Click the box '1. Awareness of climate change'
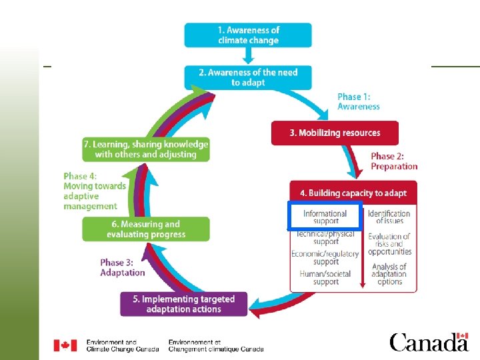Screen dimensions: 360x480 (248, 35)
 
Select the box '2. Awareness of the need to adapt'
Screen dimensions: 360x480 (248, 77)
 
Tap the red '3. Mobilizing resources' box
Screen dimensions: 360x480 (335, 133)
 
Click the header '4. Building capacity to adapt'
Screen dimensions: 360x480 (353, 193)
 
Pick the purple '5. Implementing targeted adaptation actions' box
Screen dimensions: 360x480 (183, 304)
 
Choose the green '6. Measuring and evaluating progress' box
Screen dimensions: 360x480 (145, 229)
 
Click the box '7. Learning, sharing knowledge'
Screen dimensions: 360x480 (145, 149)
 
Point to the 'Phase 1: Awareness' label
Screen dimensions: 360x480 (359, 101)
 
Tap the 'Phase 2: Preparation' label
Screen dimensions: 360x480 (394, 161)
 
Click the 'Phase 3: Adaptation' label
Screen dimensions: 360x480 (123, 267)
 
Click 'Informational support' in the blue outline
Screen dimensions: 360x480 (325, 217)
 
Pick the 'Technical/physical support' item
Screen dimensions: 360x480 (326, 237)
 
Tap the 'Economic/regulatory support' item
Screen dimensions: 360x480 (325, 257)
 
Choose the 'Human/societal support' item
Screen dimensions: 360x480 (326, 277)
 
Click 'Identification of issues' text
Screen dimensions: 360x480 (389, 217)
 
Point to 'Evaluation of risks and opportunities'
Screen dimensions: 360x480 (389, 244)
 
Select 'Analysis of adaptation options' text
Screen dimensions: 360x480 (389, 274)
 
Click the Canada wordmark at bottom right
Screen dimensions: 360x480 (429, 343)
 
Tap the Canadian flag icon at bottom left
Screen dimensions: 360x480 (65, 345)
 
